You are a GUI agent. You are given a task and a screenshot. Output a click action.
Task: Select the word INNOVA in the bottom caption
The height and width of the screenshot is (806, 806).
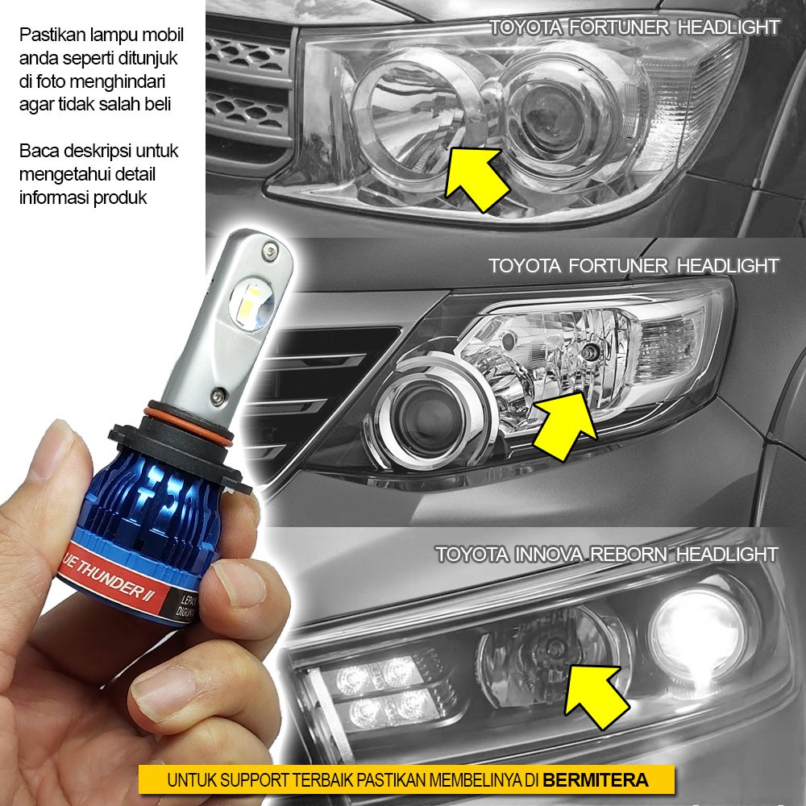pos(530,555)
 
